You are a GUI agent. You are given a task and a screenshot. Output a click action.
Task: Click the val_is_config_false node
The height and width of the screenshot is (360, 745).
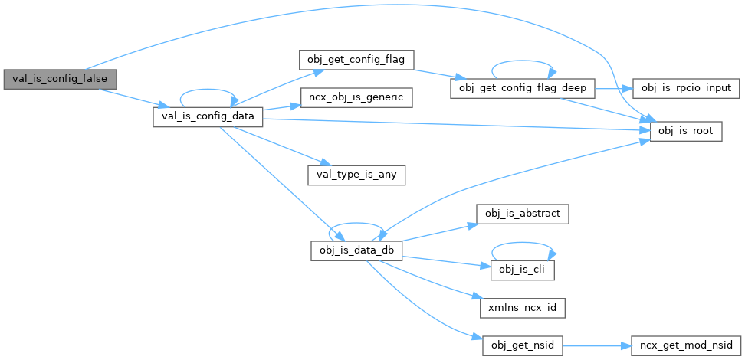60,78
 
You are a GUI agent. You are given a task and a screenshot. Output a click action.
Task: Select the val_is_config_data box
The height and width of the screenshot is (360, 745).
208,116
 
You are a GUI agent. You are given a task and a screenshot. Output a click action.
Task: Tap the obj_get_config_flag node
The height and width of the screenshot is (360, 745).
356,59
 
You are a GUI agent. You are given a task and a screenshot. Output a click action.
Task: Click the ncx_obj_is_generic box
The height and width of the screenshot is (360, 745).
356,97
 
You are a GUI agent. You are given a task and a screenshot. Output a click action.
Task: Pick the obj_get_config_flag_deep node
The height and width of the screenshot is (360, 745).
522,88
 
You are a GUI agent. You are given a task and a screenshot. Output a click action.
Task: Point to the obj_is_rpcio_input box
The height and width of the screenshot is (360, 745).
685,88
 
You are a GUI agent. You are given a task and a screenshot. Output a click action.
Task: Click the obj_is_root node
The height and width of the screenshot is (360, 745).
685,131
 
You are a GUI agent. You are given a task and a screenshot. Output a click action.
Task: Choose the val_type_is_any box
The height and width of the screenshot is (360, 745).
356,174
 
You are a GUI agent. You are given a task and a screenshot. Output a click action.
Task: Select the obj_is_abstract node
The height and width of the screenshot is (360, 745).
522,212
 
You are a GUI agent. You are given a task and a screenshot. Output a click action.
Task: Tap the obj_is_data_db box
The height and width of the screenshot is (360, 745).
356,250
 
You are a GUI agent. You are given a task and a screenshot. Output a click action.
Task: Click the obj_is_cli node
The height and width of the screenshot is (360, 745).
522,269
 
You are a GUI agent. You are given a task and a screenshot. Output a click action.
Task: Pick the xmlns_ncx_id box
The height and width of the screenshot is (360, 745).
522,308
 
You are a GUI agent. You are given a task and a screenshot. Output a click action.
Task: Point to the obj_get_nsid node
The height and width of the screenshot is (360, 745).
522,345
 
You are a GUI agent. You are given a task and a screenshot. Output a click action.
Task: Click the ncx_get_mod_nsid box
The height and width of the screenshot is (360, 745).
685,345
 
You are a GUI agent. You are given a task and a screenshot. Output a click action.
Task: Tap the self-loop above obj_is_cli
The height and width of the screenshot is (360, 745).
522,246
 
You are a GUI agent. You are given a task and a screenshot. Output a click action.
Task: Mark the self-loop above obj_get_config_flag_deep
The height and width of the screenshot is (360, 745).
522,64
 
